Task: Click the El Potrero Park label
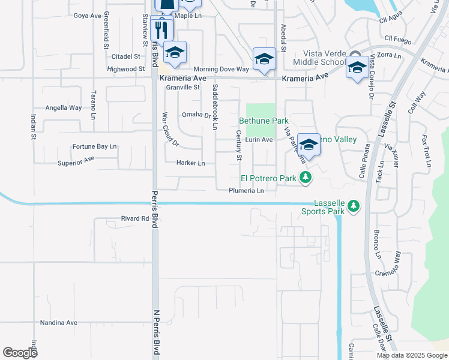click(268, 178)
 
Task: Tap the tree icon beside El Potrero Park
click(306, 177)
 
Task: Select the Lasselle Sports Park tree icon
click(354, 206)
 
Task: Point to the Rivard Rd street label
click(134, 219)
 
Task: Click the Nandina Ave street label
click(59, 323)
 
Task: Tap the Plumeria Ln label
click(246, 191)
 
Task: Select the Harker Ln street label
click(191, 163)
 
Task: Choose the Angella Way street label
click(64, 108)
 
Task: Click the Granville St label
click(183, 87)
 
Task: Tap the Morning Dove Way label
click(221, 70)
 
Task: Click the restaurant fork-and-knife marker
click(161, 28)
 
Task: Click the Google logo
click(20, 353)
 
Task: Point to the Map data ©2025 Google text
click(411, 355)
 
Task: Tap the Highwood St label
click(125, 69)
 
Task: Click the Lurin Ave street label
click(259, 140)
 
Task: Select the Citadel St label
click(125, 56)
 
